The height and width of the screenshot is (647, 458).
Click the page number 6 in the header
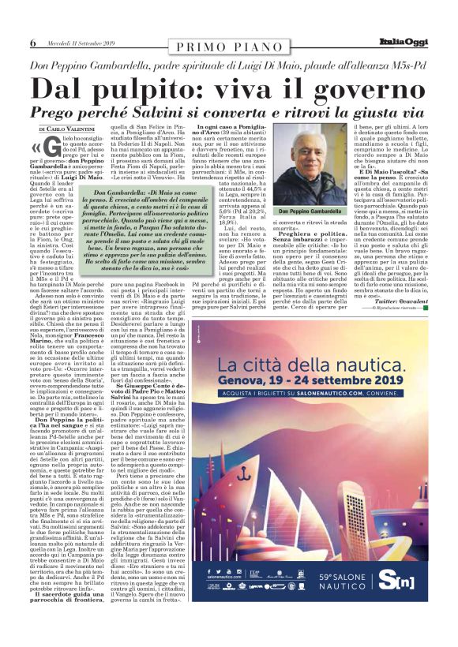(x=32, y=42)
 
